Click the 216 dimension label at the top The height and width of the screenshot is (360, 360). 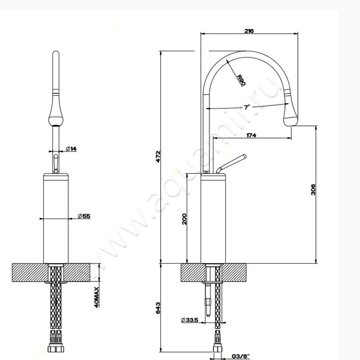[x=249, y=31]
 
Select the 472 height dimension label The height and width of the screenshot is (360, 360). [x=158, y=156]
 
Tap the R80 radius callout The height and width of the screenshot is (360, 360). [x=241, y=80]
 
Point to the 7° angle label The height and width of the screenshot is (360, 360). [x=247, y=107]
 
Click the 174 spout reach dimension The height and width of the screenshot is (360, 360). [x=251, y=135]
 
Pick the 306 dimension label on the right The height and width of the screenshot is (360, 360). [x=313, y=190]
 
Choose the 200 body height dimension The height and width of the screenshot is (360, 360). [x=184, y=219]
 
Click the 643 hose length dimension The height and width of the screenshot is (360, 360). [x=158, y=308]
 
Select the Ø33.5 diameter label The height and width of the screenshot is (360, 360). [x=189, y=319]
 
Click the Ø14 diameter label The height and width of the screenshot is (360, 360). [x=71, y=149]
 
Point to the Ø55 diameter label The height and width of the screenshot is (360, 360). [x=84, y=216]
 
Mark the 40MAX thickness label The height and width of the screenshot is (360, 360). [x=97, y=297]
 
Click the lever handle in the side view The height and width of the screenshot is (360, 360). [x=231, y=164]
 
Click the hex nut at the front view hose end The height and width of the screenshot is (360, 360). [x=56, y=347]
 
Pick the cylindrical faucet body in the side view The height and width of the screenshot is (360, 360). [x=213, y=219]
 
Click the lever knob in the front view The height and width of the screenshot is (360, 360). [x=56, y=164]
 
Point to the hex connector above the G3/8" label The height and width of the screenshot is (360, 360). [x=217, y=348]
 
